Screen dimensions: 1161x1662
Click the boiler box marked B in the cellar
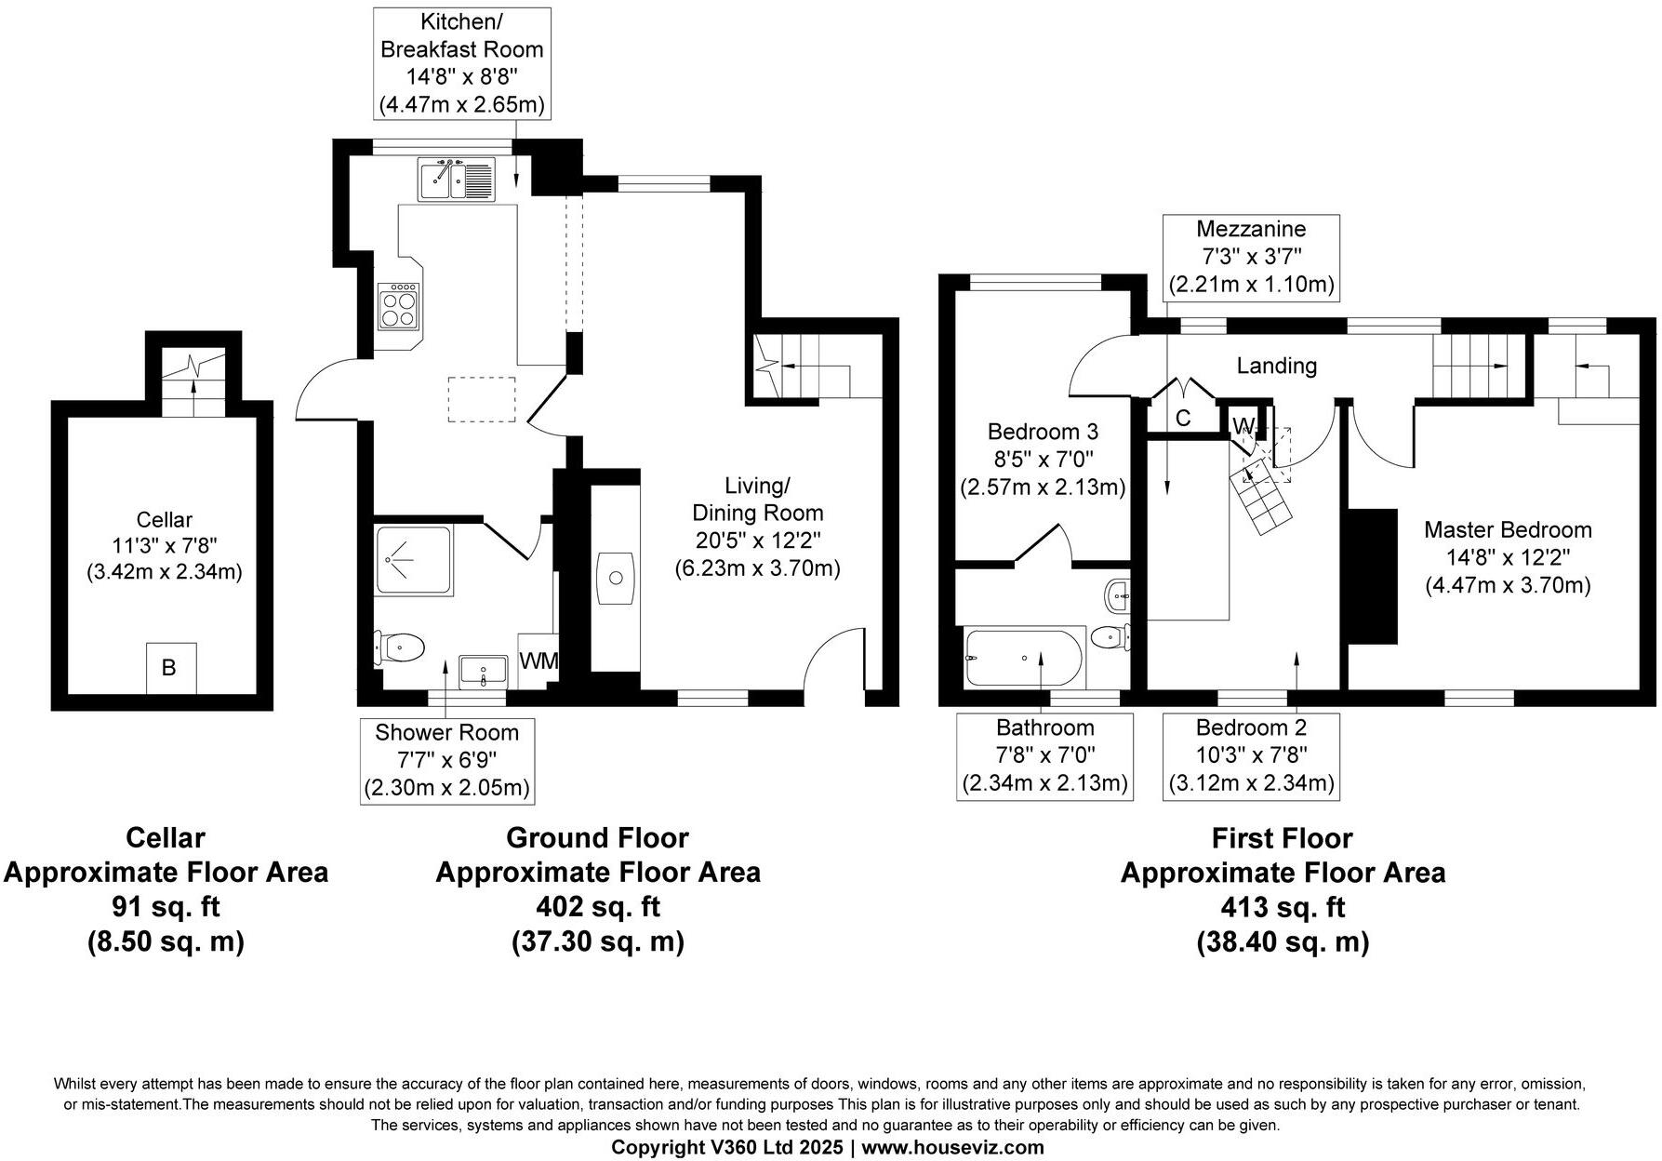pos(170,667)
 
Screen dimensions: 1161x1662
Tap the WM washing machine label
pos(538,661)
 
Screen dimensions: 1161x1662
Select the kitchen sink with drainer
pos(459,180)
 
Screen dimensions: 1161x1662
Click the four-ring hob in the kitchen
pos(397,308)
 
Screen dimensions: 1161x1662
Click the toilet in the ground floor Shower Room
pos(402,646)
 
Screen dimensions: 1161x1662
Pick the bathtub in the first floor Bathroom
pos(1024,658)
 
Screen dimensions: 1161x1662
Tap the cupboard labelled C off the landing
pos(1182,419)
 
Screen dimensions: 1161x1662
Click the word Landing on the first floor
pos(1276,366)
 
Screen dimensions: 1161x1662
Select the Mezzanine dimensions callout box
pos(1251,257)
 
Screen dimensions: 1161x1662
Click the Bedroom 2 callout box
pos(1251,755)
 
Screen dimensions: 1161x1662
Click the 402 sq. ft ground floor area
pos(597,906)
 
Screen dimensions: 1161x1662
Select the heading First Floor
pos(1282,838)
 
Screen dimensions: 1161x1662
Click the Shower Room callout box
pos(446,760)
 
